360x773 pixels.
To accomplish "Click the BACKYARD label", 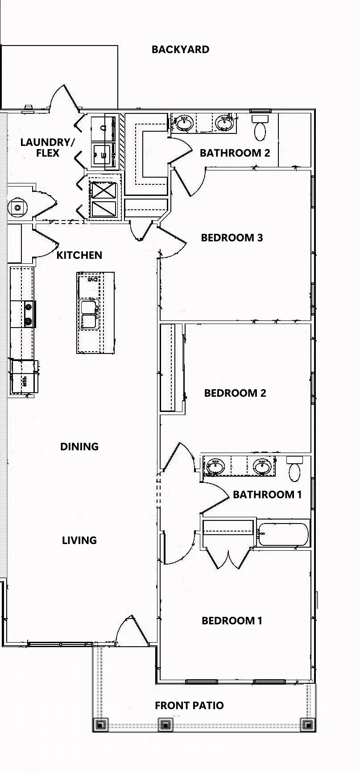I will coord(180,50).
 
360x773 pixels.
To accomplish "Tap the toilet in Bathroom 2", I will coord(260,128).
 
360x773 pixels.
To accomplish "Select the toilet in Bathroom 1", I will coord(294,469).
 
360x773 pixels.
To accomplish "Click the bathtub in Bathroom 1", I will coord(283,533).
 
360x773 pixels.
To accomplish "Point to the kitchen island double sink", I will coord(89,315).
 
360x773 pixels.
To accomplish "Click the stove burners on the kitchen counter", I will coord(29,314).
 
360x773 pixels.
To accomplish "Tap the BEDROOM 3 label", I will coord(232,238).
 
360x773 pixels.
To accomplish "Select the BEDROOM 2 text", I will coord(235,393).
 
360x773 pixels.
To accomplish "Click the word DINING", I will coord(79,447).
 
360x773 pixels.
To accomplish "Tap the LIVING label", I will coord(79,540).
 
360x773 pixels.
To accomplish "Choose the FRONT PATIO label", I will coord(189,706).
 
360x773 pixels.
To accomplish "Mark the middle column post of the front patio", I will coord(165,724).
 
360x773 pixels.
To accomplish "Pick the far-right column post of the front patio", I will coord(307,724).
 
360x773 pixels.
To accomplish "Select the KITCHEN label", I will coord(79,255).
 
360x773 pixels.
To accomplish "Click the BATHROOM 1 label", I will coord(267,495).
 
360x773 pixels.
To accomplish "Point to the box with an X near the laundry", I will coord(103,191).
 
